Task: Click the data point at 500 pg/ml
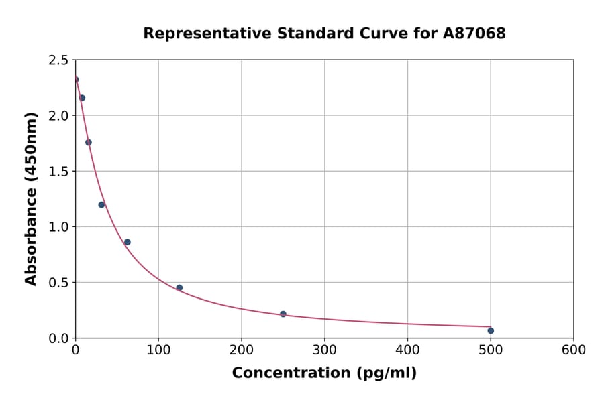491,330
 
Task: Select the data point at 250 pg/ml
283,314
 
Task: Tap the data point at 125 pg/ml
179,288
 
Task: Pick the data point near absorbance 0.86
128,242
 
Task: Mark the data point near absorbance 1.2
101,204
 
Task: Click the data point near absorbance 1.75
89,142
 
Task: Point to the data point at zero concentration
75,80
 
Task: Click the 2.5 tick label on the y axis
58,60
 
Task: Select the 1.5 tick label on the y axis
58,172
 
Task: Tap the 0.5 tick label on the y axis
58,283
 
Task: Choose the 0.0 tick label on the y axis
58,338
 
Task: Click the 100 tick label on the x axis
158,350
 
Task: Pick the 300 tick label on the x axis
324,350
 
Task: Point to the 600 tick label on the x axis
573,350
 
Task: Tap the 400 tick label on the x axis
407,350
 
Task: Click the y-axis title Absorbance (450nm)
31,199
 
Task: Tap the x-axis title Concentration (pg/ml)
324,373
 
